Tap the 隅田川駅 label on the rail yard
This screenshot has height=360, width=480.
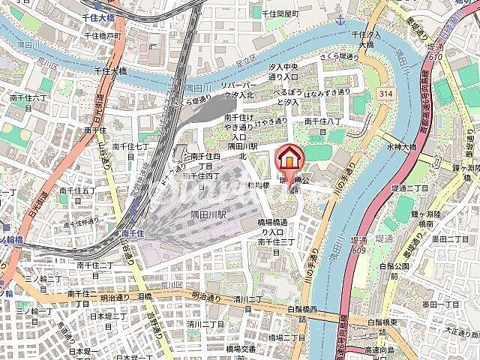[201, 213]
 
